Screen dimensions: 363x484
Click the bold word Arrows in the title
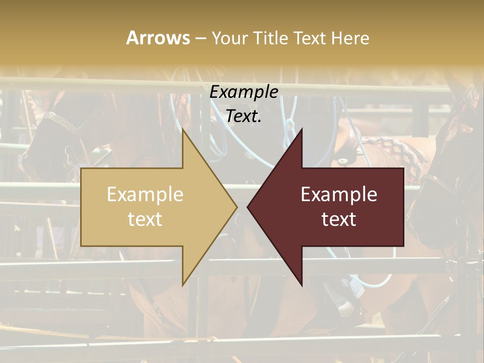[158, 38]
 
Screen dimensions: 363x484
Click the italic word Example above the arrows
[244, 92]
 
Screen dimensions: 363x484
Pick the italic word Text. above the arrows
[244, 116]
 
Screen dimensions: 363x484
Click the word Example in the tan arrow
[145, 194]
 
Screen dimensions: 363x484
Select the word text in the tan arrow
[145, 219]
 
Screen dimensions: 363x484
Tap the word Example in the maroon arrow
[339, 194]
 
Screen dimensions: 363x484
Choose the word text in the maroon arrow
[339, 219]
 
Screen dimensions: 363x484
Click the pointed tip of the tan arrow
[237, 207]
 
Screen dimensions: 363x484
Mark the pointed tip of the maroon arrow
[248, 207]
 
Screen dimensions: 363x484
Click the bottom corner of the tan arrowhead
[183, 285]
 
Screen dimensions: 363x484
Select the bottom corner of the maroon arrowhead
[302, 285]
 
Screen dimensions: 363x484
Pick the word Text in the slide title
[310, 38]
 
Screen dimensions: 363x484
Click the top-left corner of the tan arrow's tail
[81, 168]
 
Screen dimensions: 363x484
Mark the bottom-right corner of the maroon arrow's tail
[403, 246]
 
